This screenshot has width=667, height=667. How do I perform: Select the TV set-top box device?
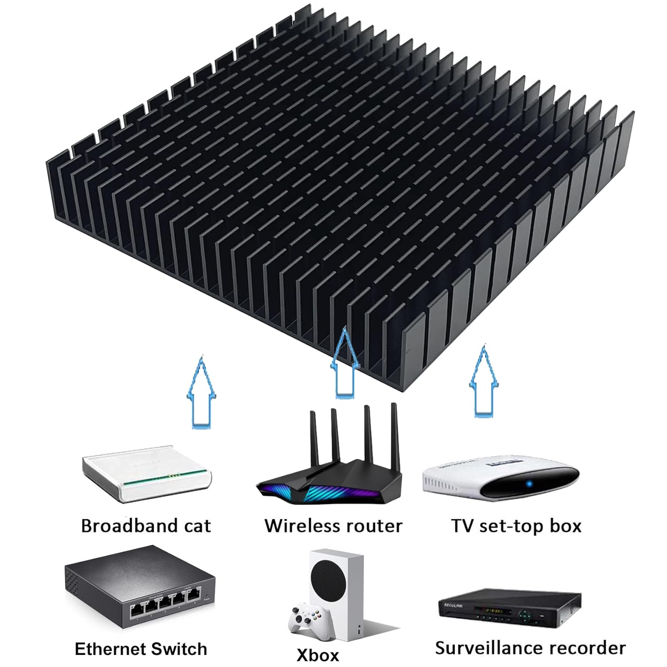click(x=500, y=478)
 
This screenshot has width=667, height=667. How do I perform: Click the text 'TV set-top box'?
click(x=516, y=526)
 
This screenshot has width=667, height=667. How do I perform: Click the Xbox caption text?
click(x=317, y=655)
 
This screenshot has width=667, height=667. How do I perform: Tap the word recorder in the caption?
click(x=591, y=648)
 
